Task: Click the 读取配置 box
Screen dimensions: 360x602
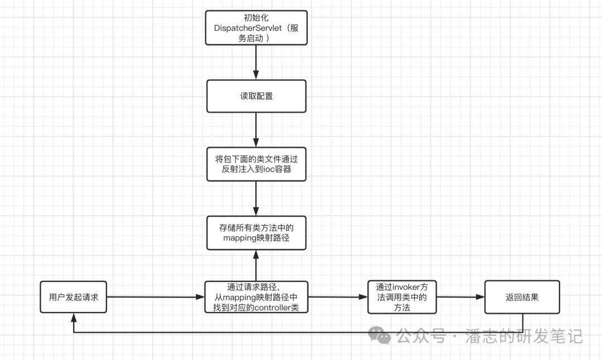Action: [x=256, y=96]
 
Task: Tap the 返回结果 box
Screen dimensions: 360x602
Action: [x=522, y=297]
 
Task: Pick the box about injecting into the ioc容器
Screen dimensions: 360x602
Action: [x=256, y=164]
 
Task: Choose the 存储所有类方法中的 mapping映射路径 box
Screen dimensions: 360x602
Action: [x=256, y=233]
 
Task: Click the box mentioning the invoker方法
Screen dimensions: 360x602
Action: [x=401, y=297]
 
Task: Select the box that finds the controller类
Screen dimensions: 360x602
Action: [x=256, y=297]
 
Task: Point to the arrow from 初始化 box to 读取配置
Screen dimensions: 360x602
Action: [x=256, y=62]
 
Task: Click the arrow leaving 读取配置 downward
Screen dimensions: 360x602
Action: [x=256, y=130]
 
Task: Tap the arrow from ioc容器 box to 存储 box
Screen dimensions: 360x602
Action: [x=256, y=198]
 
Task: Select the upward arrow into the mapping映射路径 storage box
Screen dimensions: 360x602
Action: [x=256, y=265]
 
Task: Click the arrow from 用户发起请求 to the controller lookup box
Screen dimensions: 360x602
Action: [x=156, y=297]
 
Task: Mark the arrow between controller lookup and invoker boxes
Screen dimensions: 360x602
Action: [x=338, y=297]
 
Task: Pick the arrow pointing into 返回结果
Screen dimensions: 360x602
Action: [x=460, y=297]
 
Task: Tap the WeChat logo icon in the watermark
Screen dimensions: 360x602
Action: [x=382, y=335]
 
